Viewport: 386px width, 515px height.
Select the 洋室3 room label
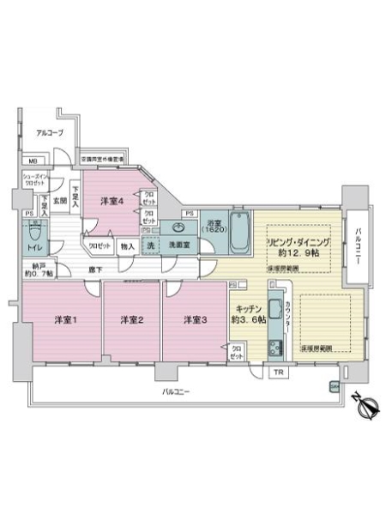(x=195, y=321)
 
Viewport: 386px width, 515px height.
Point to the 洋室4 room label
(x=112, y=202)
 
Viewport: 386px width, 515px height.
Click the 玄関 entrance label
(x=60, y=201)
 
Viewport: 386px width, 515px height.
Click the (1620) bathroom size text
(x=215, y=233)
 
